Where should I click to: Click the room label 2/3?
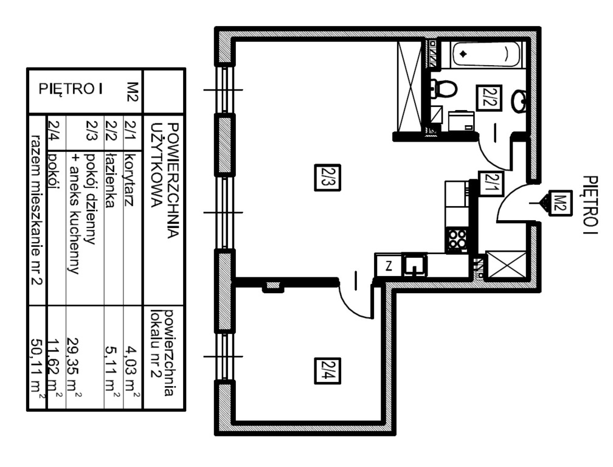[x=328, y=178]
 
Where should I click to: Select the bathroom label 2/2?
[x=489, y=98]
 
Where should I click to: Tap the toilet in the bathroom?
[x=443, y=89]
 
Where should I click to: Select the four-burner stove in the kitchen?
[x=457, y=239]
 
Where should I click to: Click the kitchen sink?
[x=415, y=266]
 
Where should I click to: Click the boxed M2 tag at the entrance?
[x=561, y=203]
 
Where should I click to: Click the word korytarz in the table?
[x=130, y=179]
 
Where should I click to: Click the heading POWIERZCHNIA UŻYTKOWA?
[x=165, y=180]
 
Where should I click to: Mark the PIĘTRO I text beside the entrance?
[x=590, y=205]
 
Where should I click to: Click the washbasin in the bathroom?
[x=519, y=101]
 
